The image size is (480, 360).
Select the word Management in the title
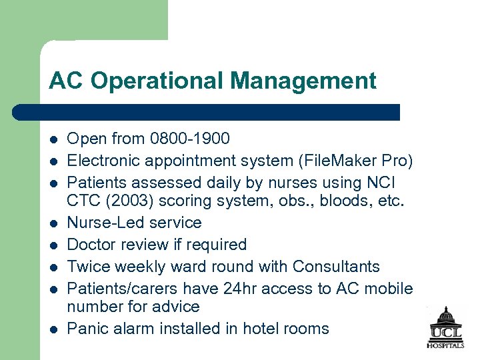(x=303, y=81)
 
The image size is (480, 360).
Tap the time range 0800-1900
(x=190, y=139)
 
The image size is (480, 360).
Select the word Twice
(x=89, y=267)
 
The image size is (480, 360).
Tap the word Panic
(x=87, y=329)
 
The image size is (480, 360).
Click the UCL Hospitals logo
(x=446, y=327)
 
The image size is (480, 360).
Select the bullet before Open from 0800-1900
(x=53, y=139)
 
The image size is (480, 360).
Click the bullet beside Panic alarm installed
(x=53, y=329)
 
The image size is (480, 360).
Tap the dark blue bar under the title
(x=207, y=111)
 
